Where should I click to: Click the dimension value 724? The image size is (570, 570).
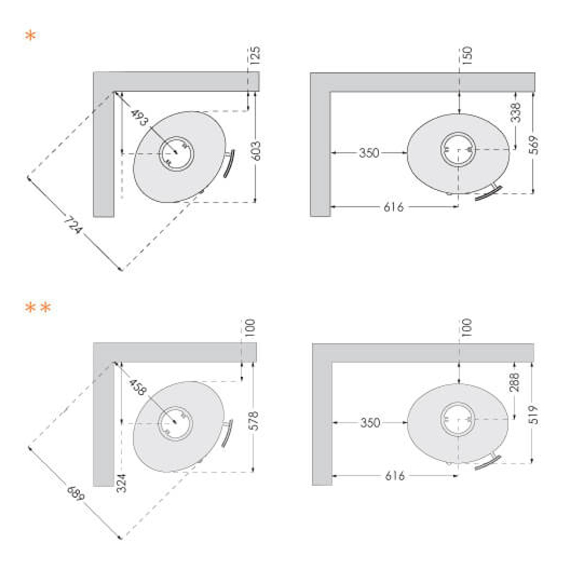click(x=73, y=225)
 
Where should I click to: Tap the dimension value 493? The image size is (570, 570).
click(x=139, y=118)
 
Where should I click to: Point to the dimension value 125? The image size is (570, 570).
click(x=255, y=55)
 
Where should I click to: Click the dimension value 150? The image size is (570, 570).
click(x=468, y=55)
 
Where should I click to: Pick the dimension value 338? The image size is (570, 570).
click(x=516, y=112)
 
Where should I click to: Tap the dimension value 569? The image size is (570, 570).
click(x=534, y=145)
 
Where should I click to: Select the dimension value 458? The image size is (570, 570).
click(x=138, y=388)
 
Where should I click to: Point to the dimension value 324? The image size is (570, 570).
click(x=121, y=483)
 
